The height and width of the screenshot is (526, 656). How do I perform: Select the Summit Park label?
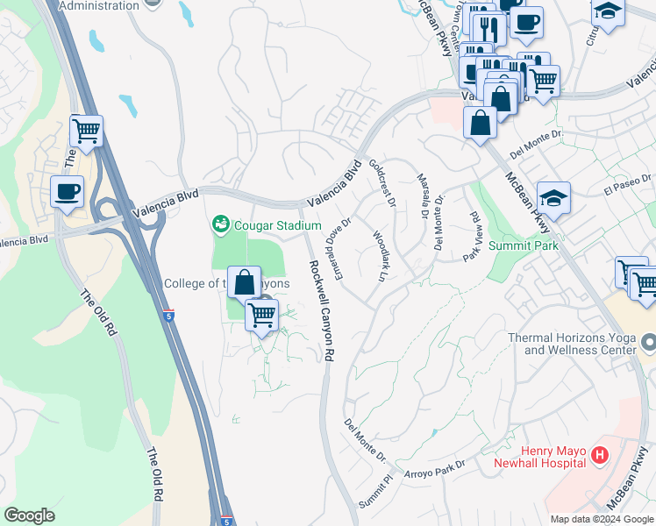pos(524,246)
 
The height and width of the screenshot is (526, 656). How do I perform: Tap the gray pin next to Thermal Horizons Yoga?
pos(647,341)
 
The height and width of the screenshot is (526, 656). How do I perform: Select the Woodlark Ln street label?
pos(379,255)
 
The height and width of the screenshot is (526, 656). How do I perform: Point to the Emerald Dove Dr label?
pos(339,244)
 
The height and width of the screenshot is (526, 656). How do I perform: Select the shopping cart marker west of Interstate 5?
pos(86,131)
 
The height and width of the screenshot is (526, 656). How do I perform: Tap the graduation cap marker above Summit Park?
pos(553,198)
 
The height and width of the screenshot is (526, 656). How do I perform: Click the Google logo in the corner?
pos(29,515)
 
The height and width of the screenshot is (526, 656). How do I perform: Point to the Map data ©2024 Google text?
pos(602,519)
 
